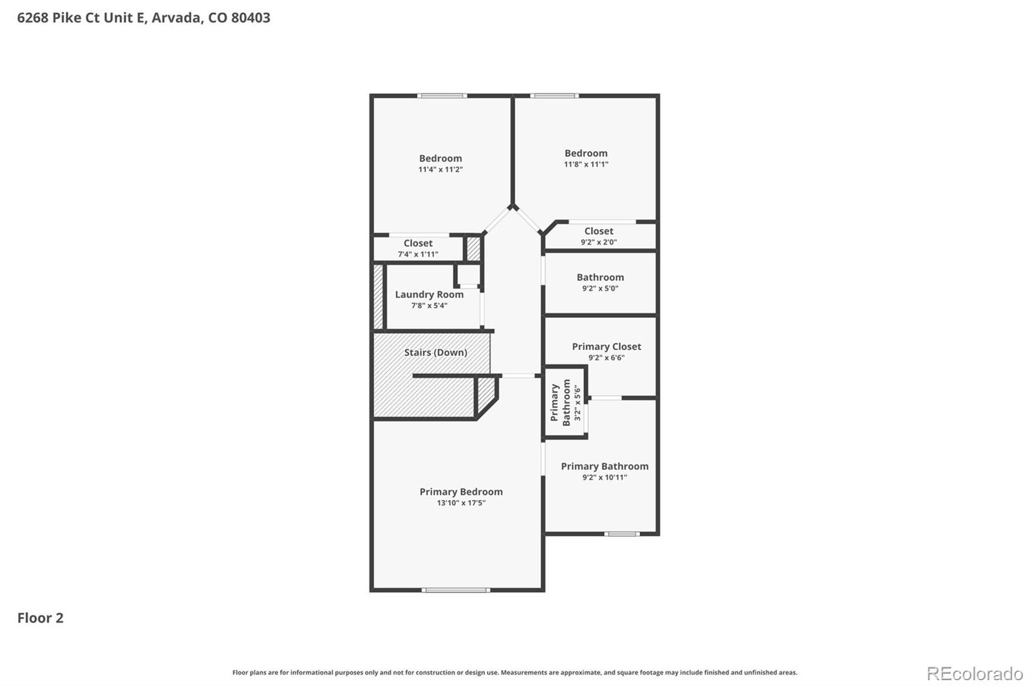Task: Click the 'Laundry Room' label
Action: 429,294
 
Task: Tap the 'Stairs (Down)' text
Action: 435,352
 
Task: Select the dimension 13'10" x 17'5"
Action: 461,503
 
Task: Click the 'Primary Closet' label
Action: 606,346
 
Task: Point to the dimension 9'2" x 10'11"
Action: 604,477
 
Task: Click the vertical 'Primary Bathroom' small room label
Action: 560,403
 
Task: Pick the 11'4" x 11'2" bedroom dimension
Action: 440,169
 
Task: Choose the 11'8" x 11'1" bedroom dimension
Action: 586,164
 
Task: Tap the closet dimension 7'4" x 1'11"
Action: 418,254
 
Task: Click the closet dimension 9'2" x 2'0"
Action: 599,242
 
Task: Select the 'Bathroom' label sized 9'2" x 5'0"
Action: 600,277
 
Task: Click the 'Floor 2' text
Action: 40,618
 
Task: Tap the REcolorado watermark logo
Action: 974,674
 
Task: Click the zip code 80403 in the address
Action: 250,17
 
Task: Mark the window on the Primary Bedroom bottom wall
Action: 455,589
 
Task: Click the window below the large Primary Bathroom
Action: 622,533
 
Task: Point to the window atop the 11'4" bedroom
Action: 442,96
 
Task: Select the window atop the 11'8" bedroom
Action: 554,96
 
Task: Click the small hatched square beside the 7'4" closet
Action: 473,249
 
